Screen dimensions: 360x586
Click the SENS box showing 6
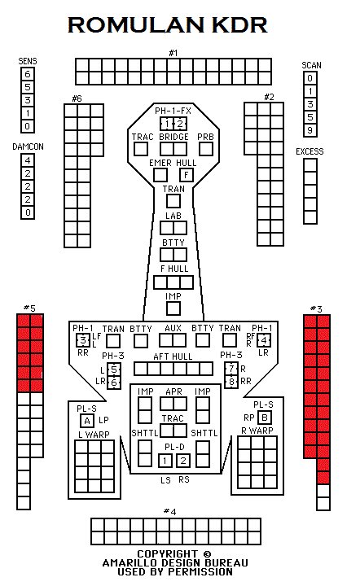coord(28,74)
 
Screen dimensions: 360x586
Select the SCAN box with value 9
coord(310,130)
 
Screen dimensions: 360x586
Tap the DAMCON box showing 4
coord(28,160)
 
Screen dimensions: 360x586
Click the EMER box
coord(160,175)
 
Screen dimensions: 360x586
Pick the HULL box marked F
coord(187,175)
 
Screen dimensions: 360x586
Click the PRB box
coord(206,149)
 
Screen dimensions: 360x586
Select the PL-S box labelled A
coord(87,421)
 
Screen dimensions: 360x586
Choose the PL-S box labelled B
coord(265,417)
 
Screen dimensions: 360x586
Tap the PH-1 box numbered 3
coord(83,340)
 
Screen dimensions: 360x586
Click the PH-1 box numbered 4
coord(264,340)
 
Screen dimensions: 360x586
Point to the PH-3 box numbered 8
coord(231,382)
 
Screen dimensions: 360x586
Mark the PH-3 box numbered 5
coord(114,370)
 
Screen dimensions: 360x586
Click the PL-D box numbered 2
coord(183,461)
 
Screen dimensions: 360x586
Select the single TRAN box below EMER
coord(173,201)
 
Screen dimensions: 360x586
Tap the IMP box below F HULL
coord(173,308)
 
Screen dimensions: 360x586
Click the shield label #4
coord(169,511)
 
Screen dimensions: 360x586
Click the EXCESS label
coord(310,151)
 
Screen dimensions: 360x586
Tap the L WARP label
coord(94,435)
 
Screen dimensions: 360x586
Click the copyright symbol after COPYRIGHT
coord(207,554)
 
